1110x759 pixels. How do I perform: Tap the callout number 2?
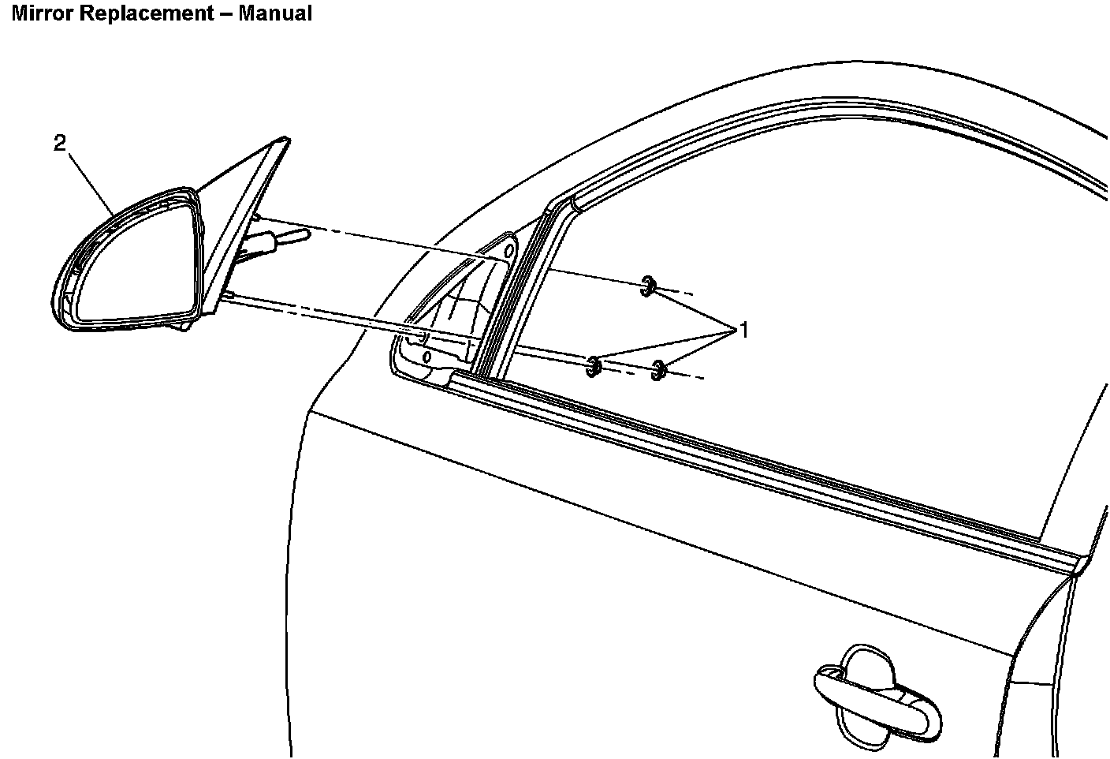(60, 143)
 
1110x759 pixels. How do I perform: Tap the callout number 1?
(742, 331)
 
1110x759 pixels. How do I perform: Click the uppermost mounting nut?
(648, 286)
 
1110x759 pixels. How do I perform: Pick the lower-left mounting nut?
(594, 365)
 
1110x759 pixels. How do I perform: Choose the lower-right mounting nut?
(659, 369)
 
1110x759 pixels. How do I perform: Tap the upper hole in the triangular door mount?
(508, 252)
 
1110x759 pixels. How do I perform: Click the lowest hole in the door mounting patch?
(427, 356)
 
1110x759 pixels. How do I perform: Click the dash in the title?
(226, 13)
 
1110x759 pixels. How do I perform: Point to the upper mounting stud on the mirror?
(256, 217)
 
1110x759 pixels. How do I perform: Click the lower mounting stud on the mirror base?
(229, 295)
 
